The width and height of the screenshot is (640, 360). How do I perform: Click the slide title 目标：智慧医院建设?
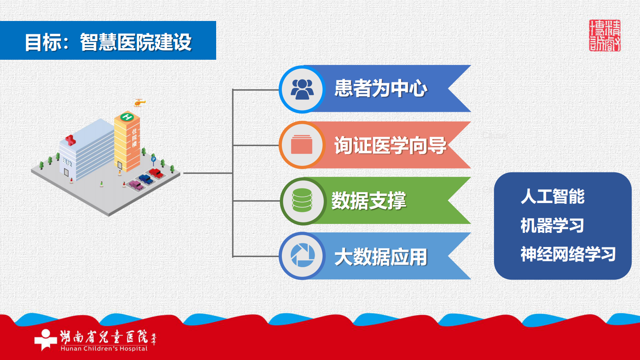[x=108, y=42]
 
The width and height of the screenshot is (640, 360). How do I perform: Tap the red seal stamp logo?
[x=605, y=36]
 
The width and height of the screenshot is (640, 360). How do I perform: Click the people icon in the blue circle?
[x=302, y=89]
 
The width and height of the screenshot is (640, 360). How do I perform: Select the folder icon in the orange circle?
[x=302, y=144]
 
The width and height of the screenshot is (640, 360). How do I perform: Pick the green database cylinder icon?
[x=302, y=200]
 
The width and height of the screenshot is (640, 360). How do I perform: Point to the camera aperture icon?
[x=302, y=255]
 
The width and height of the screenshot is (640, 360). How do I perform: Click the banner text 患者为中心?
[x=381, y=88]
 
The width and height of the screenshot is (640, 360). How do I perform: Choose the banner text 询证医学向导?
[x=390, y=145]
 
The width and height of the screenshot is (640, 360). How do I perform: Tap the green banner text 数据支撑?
[x=369, y=201]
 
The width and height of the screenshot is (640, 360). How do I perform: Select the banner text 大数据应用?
[x=381, y=257]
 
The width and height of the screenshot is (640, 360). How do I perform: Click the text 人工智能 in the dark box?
[x=552, y=197]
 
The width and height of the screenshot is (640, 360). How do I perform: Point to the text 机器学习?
[x=552, y=225]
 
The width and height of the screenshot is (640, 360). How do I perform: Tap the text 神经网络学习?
[x=568, y=254]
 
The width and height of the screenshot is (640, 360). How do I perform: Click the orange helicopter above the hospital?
[x=140, y=103]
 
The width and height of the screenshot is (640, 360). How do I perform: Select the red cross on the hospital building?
[x=71, y=140]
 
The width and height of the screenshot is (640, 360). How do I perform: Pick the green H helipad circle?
[x=127, y=117]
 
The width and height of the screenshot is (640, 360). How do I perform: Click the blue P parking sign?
[x=153, y=159]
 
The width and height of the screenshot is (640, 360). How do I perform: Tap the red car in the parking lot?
[x=156, y=173]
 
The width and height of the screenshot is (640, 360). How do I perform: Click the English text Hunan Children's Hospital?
[x=104, y=349]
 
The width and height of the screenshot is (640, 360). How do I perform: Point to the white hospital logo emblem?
[x=46, y=339]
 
